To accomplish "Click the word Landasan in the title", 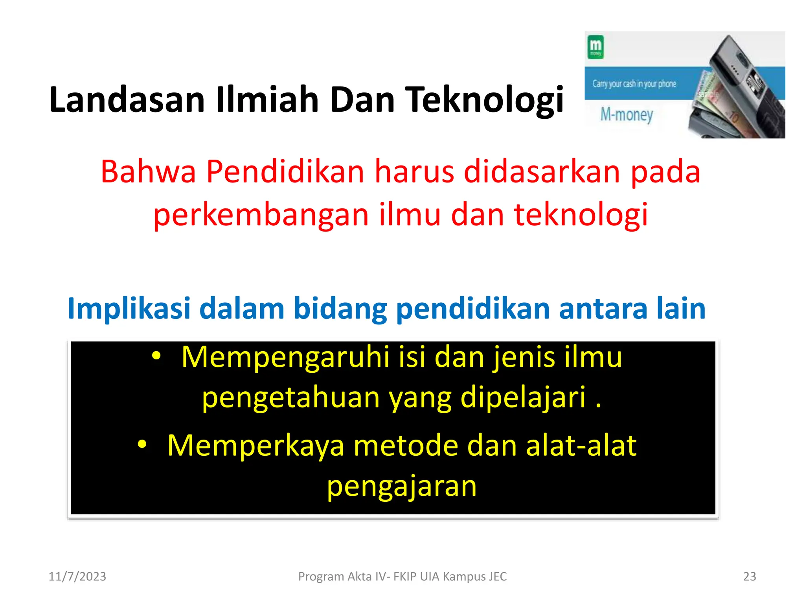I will coord(127,100).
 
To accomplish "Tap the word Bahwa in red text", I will coord(148,172).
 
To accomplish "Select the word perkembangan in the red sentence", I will coord(261,215).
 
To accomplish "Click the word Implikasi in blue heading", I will coord(129,309).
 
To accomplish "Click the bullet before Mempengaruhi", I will coord(156,356).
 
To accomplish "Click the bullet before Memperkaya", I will coord(142,445).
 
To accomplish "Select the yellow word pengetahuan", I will coord(290,397).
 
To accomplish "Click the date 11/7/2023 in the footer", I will coord(77,576).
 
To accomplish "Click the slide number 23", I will coord(749,576).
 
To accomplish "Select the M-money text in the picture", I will coord(627,115).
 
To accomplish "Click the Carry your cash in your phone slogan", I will coord(634,84).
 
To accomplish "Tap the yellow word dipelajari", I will coord(523,397).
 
